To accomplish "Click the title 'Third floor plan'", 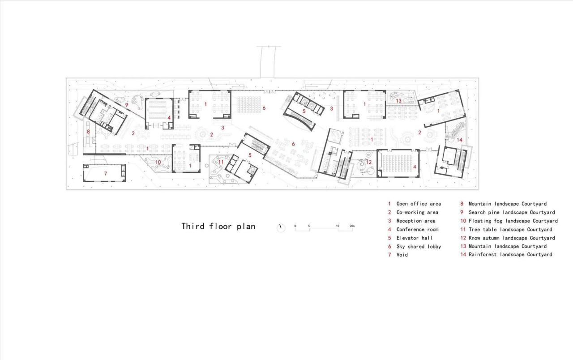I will point(218,226).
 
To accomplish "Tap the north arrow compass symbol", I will point(281,227).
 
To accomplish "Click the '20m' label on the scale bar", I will point(352,226).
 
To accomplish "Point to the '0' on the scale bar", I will point(295,226).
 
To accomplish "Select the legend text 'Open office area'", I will point(418,204).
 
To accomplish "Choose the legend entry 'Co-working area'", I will point(417,212).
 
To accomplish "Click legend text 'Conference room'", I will point(417,229).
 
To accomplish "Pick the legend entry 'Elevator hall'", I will point(414,238).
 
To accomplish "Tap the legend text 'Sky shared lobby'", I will point(419,246).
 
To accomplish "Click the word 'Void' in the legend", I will point(402,255).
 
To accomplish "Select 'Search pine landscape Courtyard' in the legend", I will point(511,212).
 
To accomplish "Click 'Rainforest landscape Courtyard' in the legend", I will point(510,255).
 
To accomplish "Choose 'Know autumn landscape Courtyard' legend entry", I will point(511,238).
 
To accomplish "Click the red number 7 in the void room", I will point(106,173).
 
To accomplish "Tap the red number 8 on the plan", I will point(88,132).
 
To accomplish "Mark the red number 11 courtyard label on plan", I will point(221,162).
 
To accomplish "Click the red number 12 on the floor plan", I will point(369,162).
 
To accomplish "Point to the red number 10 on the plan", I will point(158,162).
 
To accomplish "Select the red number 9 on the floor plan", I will point(127,105).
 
